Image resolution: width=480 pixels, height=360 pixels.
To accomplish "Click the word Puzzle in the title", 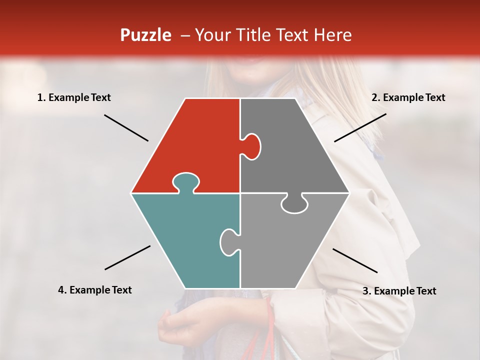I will coord(145,35).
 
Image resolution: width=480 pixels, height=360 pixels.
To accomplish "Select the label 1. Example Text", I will coord(74,97).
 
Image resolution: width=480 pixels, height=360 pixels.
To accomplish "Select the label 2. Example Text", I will coord(408,97).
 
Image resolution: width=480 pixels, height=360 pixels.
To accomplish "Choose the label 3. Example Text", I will coord(399,291).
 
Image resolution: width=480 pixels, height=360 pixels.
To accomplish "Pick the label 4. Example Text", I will coord(95,290).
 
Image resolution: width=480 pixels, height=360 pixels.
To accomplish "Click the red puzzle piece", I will coord(195,140).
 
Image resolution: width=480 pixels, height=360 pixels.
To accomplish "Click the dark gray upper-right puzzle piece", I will coord(295,150).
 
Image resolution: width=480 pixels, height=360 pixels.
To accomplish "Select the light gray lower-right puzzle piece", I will coord(290,245).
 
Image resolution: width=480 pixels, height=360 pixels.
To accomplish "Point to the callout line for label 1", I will coord(126,127).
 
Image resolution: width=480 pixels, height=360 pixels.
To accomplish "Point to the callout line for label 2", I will coord(360,127).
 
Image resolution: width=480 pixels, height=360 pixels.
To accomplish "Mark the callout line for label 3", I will coord(355,260).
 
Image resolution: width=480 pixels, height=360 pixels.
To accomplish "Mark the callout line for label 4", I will coord(127,257).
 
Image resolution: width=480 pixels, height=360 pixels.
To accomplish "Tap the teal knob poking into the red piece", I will coord(185,182).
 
